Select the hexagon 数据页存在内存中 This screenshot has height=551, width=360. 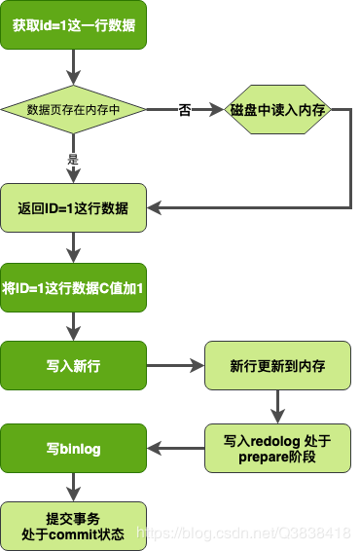click(x=74, y=110)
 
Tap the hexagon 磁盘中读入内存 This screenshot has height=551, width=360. click(x=278, y=110)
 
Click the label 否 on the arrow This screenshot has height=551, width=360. click(x=186, y=110)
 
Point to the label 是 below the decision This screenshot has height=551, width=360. click(x=73, y=159)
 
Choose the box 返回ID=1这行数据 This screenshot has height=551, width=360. click(x=74, y=207)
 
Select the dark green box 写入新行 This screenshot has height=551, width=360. click(x=74, y=366)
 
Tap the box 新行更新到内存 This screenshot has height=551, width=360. click(x=277, y=366)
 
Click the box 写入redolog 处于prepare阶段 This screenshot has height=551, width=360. click(x=277, y=449)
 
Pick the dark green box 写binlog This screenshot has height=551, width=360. click(x=74, y=449)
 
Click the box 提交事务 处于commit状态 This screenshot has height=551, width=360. click(x=74, y=527)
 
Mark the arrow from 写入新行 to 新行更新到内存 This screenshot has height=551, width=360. click(x=175, y=366)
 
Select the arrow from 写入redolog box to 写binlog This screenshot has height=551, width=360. click(x=175, y=449)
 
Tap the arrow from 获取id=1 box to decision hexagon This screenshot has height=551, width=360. click(x=74, y=68)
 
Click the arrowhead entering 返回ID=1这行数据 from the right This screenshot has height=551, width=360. click(x=154, y=207)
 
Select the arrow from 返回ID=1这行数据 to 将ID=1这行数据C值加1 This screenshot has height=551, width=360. click(x=74, y=247)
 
